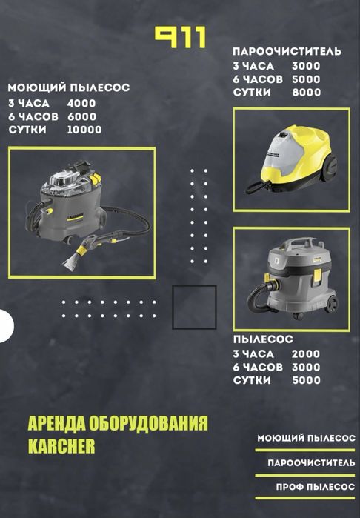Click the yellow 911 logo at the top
tap(181, 38)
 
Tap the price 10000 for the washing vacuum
tap(84, 130)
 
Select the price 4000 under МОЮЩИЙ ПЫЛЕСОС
tap(81, 104)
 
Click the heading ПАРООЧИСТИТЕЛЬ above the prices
tap(287, 52)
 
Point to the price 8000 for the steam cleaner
tap(306, 92)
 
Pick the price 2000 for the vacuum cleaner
tap(306, 353)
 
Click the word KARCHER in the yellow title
tap(61, 446)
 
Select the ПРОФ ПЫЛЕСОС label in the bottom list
tap(316, 487)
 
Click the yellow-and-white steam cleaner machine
tap(293, 159)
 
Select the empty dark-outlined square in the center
tap(194, 308)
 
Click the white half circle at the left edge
tap(7, 326)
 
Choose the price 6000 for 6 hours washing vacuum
tap(82, 116)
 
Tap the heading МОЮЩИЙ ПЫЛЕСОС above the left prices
tap(69, 88)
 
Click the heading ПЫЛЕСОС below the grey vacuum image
tap(263, 339)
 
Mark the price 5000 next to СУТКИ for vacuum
tap(306, 380)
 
